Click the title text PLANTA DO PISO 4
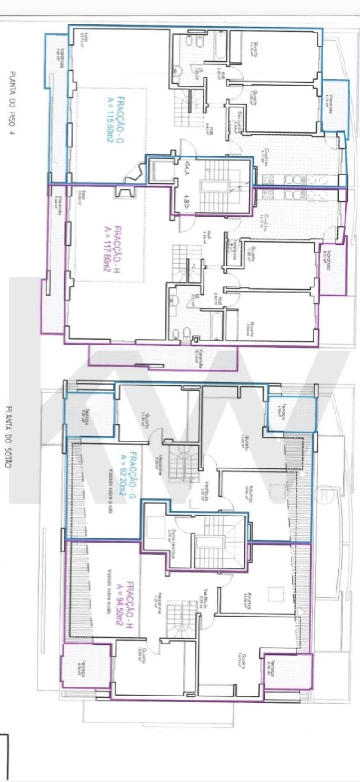(x=13, y=103)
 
